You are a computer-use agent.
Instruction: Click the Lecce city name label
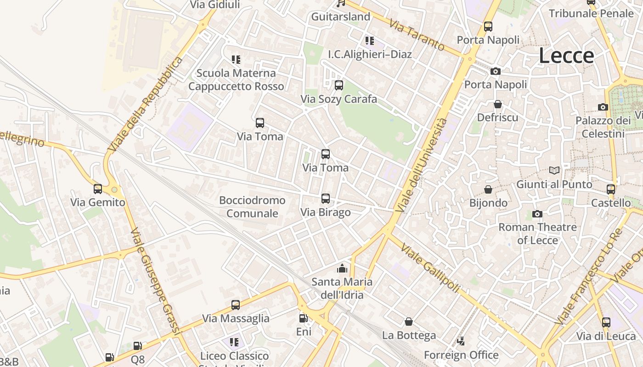566,56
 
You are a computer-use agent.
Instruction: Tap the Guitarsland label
340,17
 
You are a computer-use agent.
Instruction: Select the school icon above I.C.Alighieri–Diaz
370,41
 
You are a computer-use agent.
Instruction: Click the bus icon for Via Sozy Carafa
338,85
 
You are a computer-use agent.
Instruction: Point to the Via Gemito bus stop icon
98,189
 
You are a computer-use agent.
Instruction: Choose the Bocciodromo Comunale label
252,207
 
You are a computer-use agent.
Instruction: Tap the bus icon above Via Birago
325,199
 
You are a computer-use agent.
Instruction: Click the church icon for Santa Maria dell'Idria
342,268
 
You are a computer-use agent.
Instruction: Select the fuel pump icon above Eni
303,318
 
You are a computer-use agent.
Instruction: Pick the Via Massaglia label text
236,318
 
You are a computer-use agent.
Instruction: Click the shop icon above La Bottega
408,322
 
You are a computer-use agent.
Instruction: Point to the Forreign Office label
461,355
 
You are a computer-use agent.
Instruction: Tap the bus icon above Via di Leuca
606,323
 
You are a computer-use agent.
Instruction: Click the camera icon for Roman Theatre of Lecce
537,214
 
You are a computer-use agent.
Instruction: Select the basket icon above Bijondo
488,189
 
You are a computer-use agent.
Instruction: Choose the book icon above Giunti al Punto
554,171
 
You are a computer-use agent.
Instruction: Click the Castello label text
611,203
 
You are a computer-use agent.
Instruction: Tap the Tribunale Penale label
591,14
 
